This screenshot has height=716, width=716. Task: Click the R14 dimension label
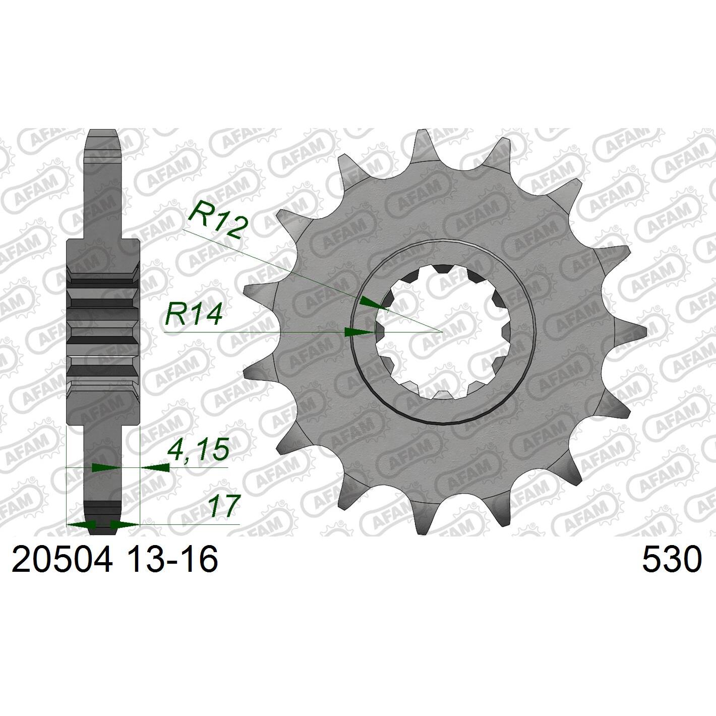(194, 314)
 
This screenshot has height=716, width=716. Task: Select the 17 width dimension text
(222, 506)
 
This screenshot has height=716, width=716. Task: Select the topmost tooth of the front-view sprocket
(424, 147)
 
